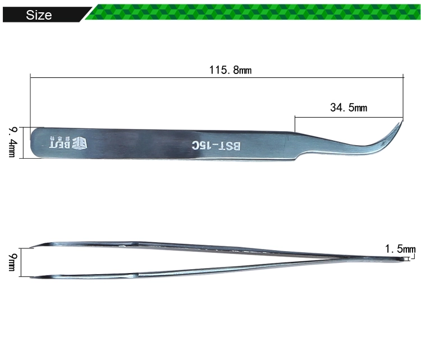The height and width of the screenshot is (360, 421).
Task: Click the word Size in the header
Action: pyautogui.click(x=39, y=15)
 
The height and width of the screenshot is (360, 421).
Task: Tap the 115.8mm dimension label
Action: pyautogui.click(x=230, y=70)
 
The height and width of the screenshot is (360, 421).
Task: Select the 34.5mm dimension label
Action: pyautogui.click(x=349, y=108)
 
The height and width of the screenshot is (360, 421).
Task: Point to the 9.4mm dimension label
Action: pyautogui.click(x=12, y=142)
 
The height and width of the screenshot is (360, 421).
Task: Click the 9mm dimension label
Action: pyautogui.click(x=12, y=262)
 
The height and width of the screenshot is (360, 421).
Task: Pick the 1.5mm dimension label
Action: pyautogui.click(x=400, y=249)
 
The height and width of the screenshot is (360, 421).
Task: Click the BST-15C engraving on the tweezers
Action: pyautogui.click(x=216, y=146)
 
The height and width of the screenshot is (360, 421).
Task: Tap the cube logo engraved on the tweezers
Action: pyautogui.click(x=80, y=142)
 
